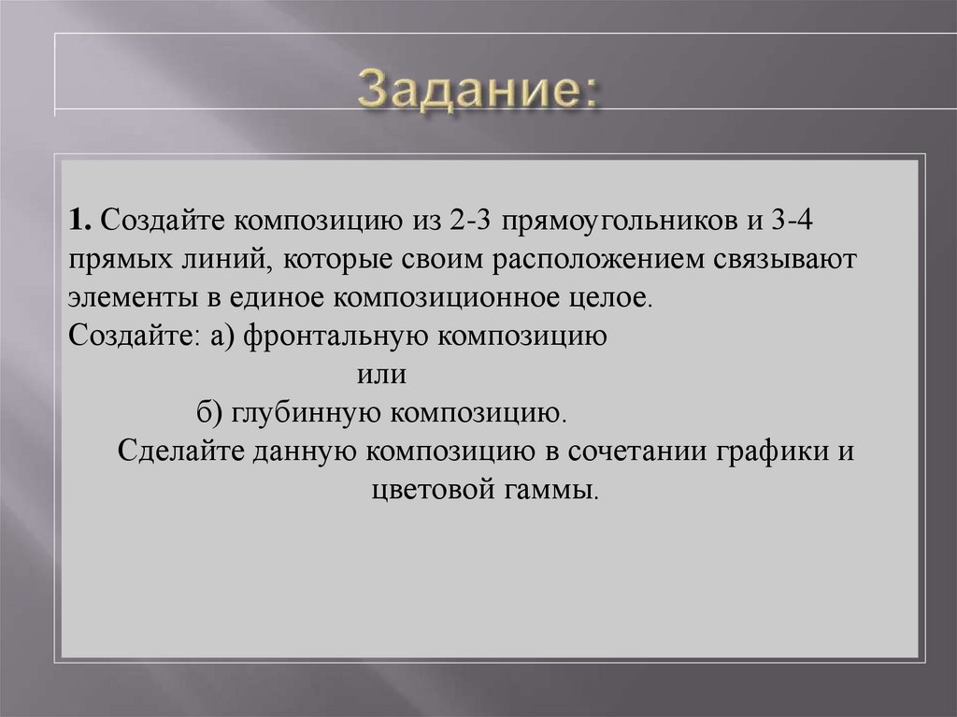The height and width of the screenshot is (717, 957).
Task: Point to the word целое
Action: point(613,300)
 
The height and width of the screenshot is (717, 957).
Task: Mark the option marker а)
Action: point(225,337)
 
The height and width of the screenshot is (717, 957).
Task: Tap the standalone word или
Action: point(382,375)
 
